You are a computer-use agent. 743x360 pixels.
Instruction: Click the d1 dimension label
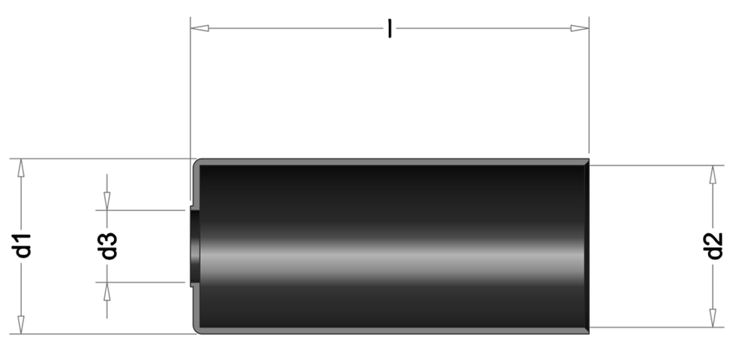click(22, 245)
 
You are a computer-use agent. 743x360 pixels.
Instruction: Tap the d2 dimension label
click(713, 246)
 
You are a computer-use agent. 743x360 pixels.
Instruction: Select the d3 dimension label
click(108, 246)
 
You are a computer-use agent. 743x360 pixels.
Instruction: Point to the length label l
click(390, 28)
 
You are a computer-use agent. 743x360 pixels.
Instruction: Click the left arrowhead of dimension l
click(199, 28)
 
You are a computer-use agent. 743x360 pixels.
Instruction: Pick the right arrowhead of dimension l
click(580, 28)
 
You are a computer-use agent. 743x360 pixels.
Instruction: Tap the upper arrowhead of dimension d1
click(21, 167)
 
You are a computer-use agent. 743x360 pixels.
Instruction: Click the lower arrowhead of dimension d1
click(21, 324)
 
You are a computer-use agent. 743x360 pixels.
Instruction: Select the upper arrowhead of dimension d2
click(713, 174)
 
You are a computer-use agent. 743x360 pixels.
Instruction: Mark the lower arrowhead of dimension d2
click(713, 317)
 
